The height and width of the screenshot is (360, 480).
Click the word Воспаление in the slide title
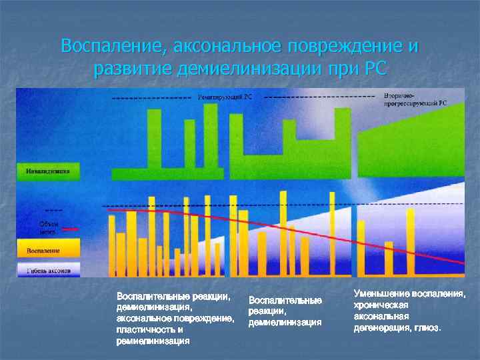pyautogui.click(x=114, y=47)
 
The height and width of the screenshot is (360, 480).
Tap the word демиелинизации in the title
pyautogui.click(x=244, y=68)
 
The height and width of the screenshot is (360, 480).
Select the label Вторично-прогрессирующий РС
pyautogui.click(x=415, y=100)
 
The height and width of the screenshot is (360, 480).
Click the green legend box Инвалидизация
pyautogui.click(x=48, y=171)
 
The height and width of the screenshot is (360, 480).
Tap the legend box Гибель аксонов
pyautogui.click(x=48, y=270)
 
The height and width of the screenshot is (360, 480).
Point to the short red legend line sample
pyautogui.click(x=70, y=229)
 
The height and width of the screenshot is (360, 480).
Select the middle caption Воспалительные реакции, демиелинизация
pyautogui.click(x=285, y=311)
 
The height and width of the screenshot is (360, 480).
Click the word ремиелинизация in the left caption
pyautogui.click(x=152, y=340)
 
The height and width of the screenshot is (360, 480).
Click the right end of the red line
pyautogui.click(x=462, y=264)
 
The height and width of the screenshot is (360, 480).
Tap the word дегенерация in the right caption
pyautogui.click(x=379, y=328)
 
